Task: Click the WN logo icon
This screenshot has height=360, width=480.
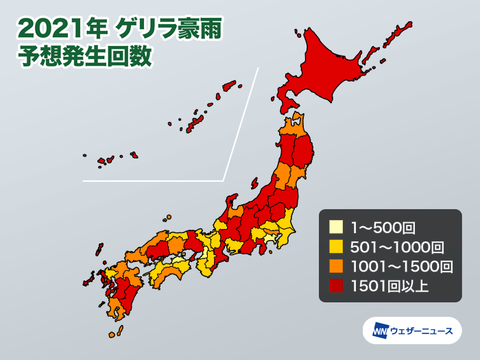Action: tap(380, 331)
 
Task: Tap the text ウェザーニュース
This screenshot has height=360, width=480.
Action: tap(421, 331)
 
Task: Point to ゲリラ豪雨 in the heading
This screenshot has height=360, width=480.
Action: tap(167, 29)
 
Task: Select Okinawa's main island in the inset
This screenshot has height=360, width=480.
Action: tap(195, 121)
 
